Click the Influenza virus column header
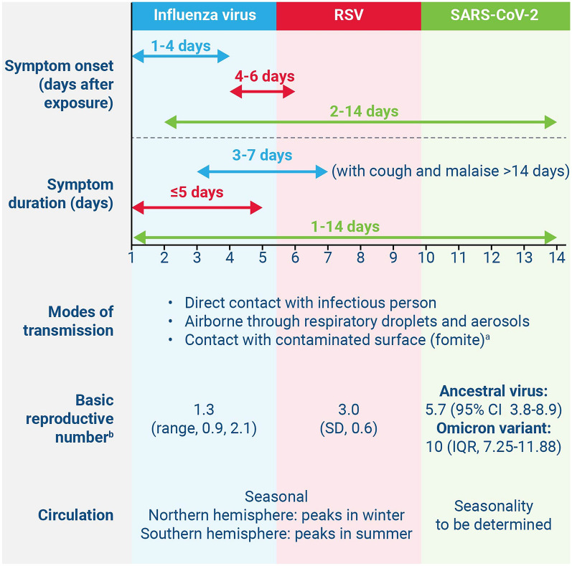204,16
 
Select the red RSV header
349,16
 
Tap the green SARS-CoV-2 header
495,16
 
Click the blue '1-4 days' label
181,46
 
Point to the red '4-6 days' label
265,76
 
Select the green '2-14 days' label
364,111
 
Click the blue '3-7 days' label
262,155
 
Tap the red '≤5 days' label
197,192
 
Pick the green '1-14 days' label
345,227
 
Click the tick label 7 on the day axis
327,258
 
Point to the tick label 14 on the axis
557,258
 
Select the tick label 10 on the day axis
426,258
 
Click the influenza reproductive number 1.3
204,410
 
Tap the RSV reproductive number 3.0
349,410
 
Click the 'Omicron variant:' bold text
494,428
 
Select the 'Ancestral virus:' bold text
494,391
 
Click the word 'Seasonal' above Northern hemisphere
276,496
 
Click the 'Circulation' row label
76,515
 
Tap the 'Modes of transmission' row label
69,321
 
